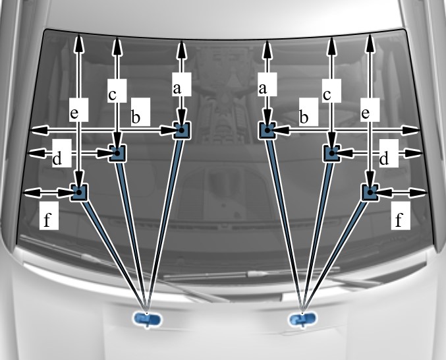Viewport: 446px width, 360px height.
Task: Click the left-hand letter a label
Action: tap(176, 86)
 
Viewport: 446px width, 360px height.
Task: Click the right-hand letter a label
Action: tap(265, 86)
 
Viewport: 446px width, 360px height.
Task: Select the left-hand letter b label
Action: tap(136, 117)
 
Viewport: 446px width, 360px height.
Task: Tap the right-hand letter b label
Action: tap(304, 117)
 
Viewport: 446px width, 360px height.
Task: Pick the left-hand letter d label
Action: tap(57, 158)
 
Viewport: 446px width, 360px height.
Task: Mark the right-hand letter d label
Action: tap(383, 158)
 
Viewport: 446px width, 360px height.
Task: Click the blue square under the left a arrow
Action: tap(181, 131)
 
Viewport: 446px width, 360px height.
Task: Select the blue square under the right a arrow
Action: tap(266, 131)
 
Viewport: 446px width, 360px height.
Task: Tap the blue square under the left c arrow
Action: tap(117, 153)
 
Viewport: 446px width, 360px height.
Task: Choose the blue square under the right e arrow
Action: tap(370, 192)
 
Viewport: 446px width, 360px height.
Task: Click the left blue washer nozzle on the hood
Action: tap(147, 320)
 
